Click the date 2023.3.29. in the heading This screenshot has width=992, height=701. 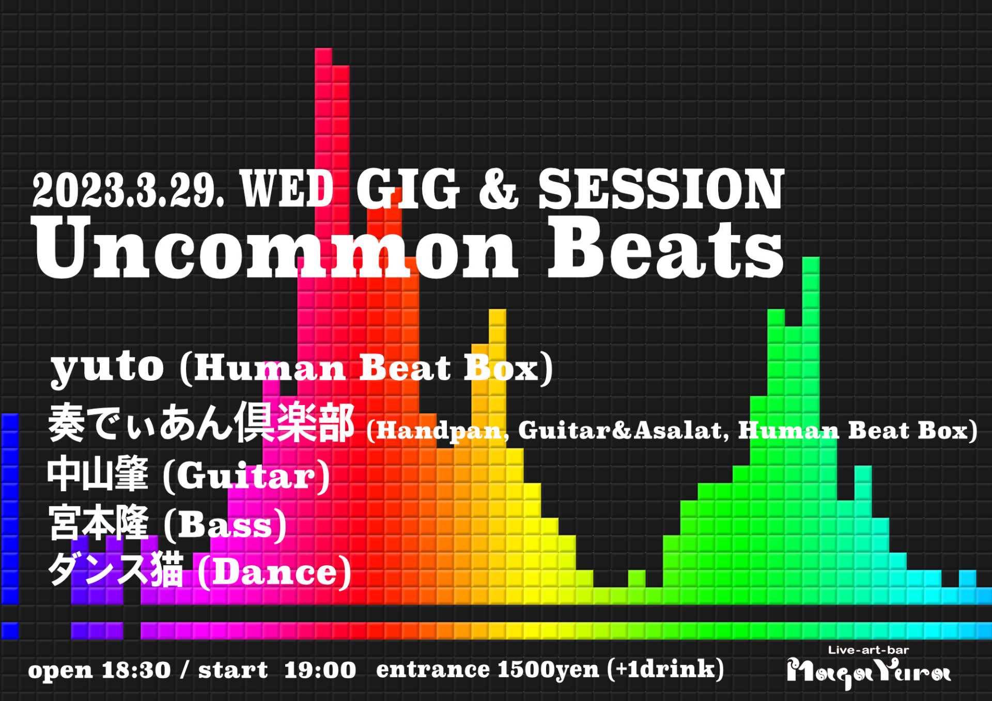click(129, 190)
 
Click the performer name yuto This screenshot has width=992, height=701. click(107, 368)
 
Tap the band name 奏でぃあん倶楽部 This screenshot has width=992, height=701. click(202, 423)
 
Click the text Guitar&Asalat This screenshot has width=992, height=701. click(623, 430)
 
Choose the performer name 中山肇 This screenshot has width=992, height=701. click(98, 474)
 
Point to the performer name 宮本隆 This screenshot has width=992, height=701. click(99, 523)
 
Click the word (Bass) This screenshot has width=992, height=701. click(225, 525)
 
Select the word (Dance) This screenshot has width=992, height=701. click(274, 572)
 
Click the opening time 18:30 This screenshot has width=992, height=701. click(136, 671)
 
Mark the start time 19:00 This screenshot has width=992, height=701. click(320, 671)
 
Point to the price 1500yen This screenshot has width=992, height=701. click(548, 671)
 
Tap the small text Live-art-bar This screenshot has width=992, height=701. click(869, 650)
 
